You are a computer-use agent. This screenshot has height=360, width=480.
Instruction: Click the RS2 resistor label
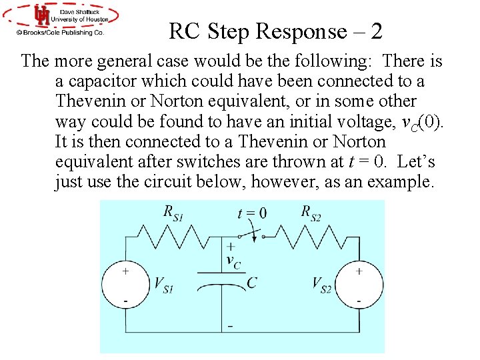tap(311, 213)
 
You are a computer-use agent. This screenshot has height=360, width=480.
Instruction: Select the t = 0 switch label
tap(252, 213)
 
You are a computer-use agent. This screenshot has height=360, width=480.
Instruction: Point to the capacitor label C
tap(251, 283)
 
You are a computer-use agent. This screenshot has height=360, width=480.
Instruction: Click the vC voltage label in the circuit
tap(233, 260)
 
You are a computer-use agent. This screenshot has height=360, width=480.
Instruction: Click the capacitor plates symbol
tap(221, 280)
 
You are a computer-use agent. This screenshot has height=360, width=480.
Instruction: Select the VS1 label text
tap(163, 285)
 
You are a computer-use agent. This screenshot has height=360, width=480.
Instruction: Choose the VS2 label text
tap(321, 285)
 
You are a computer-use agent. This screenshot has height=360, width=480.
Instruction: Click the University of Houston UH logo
tap(43, 15)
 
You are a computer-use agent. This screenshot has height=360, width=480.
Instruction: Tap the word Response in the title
tap(299, 31)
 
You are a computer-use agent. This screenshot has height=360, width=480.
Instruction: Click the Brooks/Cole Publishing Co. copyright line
tap(61, 31)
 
